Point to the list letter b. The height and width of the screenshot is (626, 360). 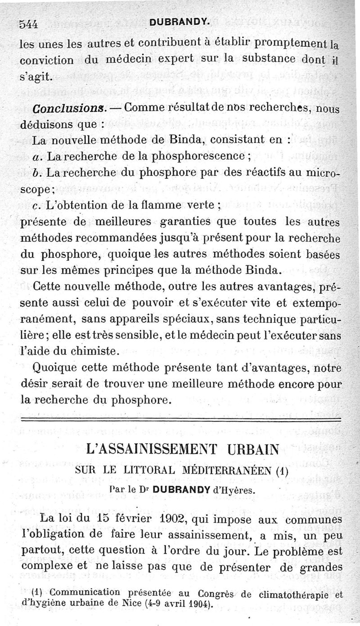point(35,173)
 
